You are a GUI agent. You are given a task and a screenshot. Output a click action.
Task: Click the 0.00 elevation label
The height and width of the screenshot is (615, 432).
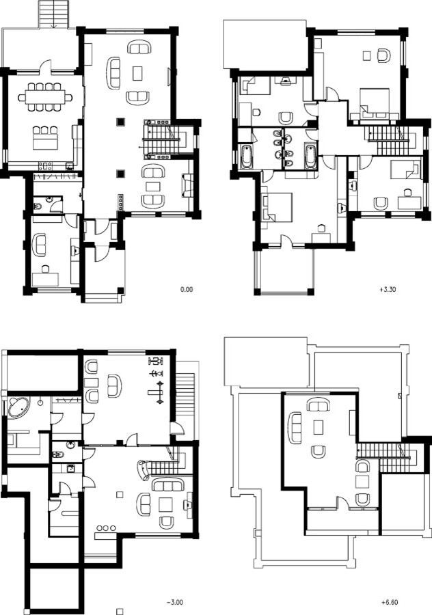tap(187, 290)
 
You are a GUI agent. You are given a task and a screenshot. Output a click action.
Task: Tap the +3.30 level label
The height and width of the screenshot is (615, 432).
tap(388, 290)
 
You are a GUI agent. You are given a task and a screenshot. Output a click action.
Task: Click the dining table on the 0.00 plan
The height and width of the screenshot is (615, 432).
tap(45, 97)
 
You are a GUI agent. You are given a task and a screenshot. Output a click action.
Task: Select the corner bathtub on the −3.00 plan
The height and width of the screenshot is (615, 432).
tap(18, 408)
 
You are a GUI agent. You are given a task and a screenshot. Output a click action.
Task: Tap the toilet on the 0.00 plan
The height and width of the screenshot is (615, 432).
tap(38, 206)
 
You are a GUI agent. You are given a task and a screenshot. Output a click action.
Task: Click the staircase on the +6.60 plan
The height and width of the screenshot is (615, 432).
tap(388, 457)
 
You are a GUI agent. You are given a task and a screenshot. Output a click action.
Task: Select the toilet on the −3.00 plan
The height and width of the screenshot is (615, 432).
tap(57, 455)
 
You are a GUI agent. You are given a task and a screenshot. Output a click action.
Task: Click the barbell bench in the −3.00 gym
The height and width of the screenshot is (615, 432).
tap(156, 392)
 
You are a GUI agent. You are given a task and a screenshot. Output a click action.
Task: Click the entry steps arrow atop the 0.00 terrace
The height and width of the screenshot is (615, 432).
tap(55, 23)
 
